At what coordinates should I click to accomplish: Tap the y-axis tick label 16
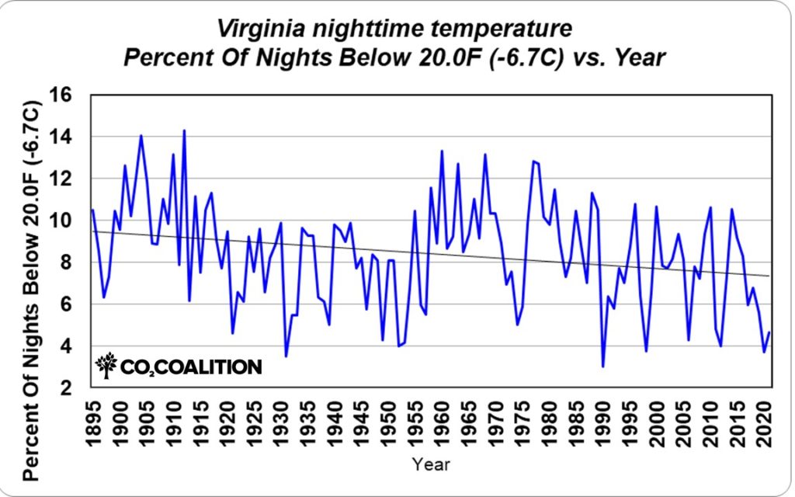pyautogui.click(x=69, y=95)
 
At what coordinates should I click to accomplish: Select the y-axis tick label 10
pyautogui.click(x=69, y=221)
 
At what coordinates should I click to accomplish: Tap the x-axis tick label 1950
pyautogui.click(x=383, y=419)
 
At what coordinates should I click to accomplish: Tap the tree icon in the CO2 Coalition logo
pyautogui.click(x=107, y=365)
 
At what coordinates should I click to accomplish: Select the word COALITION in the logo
pyautogui.click(x=211, y=367)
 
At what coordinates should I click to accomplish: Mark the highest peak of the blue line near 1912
pyautogui.click(x=184, y=130)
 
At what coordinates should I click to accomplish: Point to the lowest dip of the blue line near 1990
pyautogui.click(x=603, y=366)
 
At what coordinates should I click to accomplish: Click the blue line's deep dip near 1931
pyautogui.click(x=286, y=356)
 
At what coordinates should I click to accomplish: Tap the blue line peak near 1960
pyautogui.click(x=442, y=151)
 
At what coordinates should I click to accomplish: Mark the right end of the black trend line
pyautogui.click(x=769, y=276)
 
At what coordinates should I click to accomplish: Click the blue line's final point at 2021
pyautogui.click(x=769, y=332)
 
